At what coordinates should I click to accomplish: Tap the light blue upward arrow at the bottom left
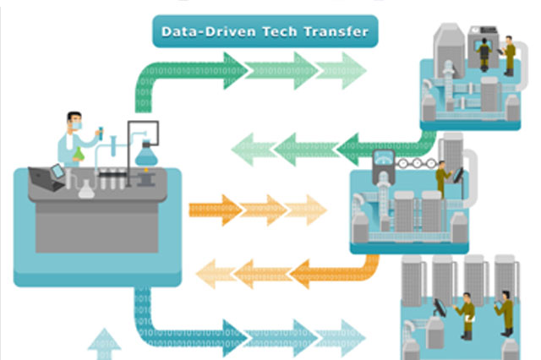[105, 341]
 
